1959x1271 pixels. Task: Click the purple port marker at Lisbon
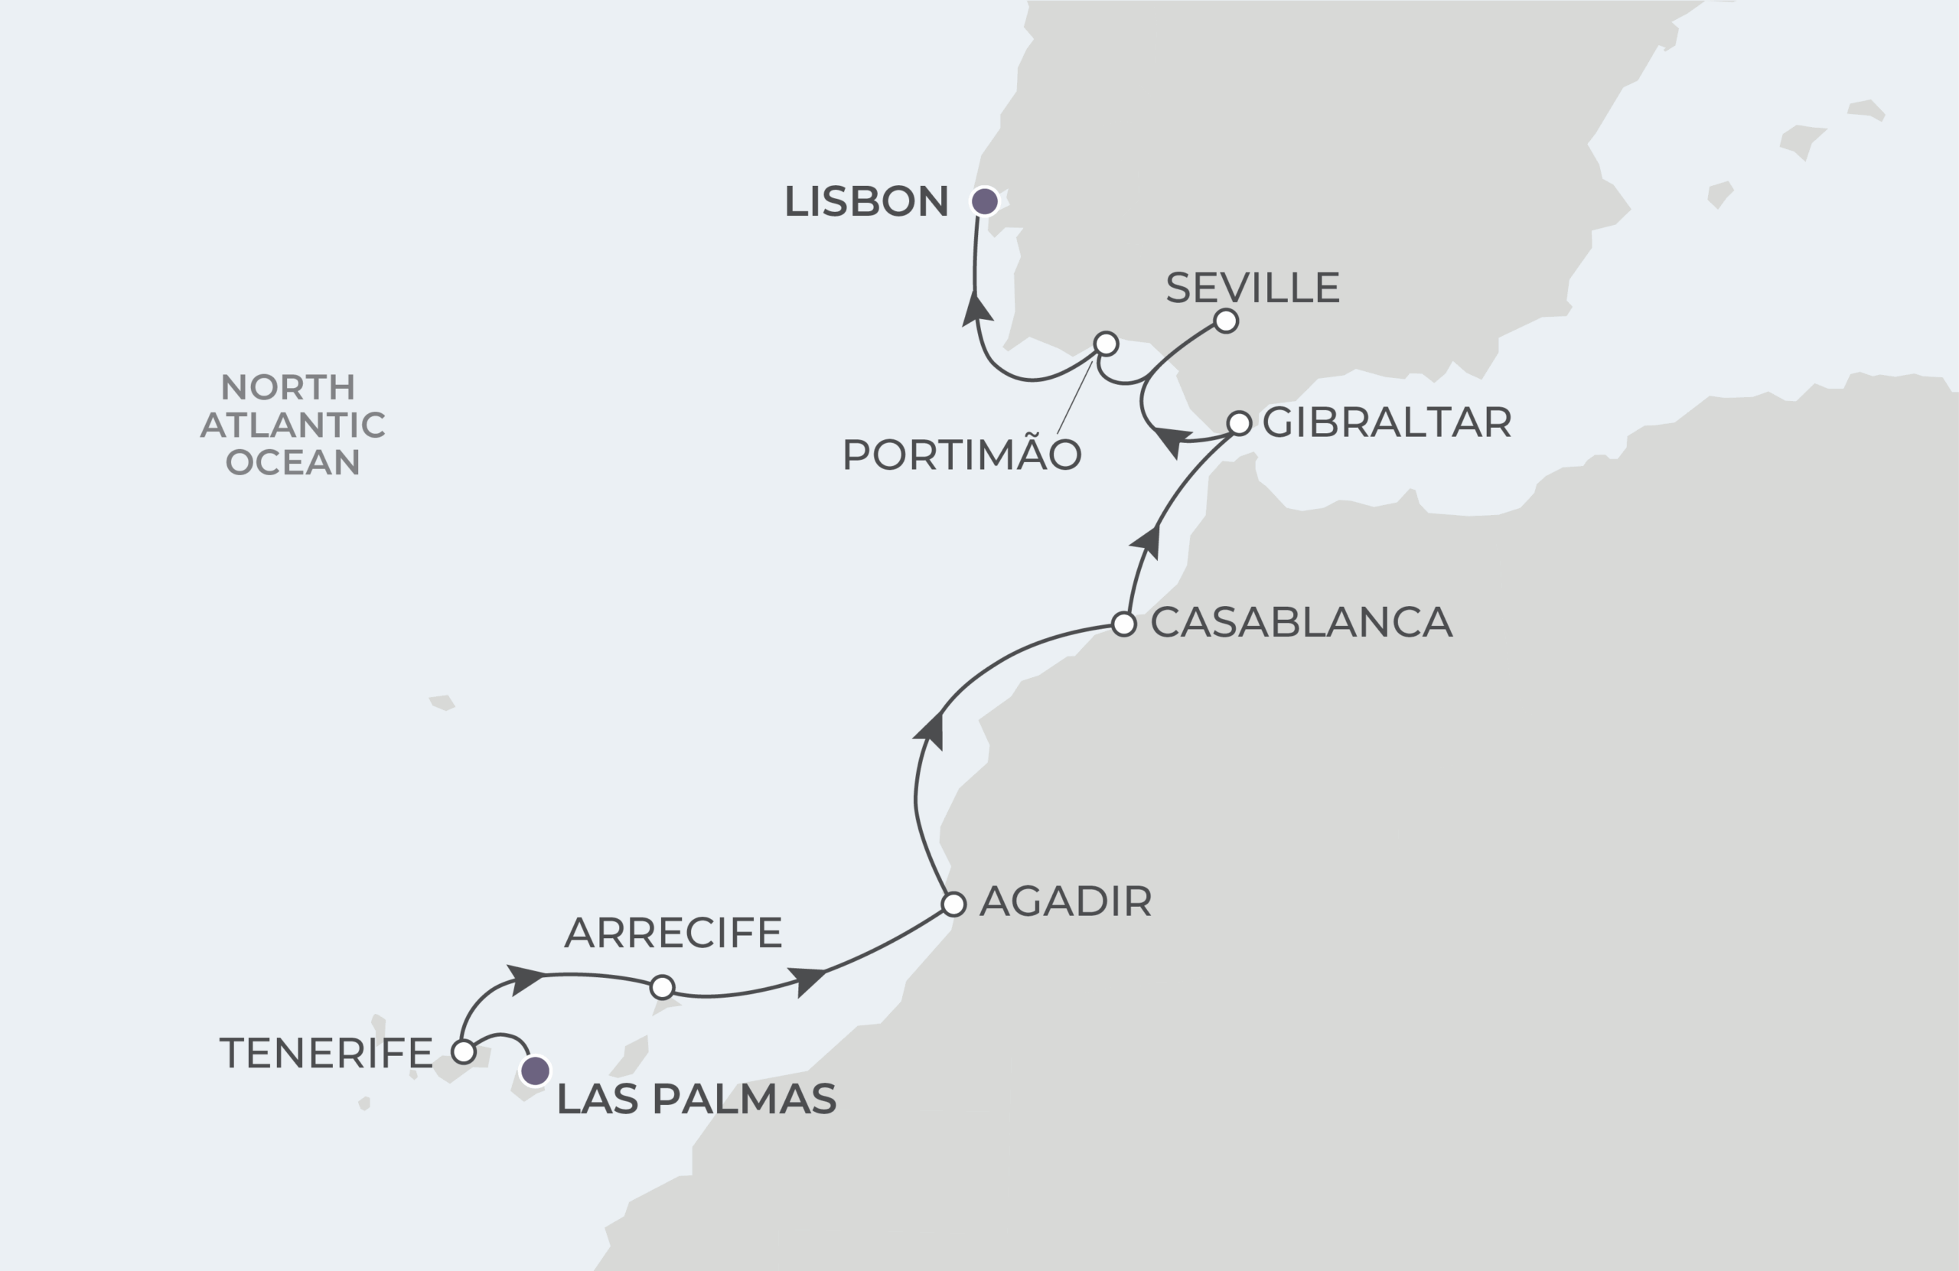[984, 200]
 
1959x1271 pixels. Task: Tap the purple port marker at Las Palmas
[535, 1071]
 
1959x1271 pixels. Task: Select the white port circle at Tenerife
[464, 1051]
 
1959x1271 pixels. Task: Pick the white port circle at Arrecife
[662, 986]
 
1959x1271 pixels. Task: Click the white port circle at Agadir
[953, 904]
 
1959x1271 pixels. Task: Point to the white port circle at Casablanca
[1123, 624]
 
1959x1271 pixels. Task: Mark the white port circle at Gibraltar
[1239, 423]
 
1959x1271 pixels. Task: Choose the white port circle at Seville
[1226, 321]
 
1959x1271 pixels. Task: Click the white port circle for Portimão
[1106, 344]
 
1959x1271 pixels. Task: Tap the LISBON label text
[866, 202]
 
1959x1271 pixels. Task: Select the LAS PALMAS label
[696, 1099]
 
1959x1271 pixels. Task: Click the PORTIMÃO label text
[960, 455]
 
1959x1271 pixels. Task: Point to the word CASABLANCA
[1300, 622]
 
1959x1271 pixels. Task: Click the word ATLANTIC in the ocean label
[293, 425]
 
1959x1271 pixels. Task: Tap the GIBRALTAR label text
[1386, 422]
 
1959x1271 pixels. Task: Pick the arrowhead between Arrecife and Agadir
[807, 979]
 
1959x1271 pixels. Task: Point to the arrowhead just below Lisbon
[977, 311]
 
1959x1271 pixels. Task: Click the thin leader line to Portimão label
[1074, 398]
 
